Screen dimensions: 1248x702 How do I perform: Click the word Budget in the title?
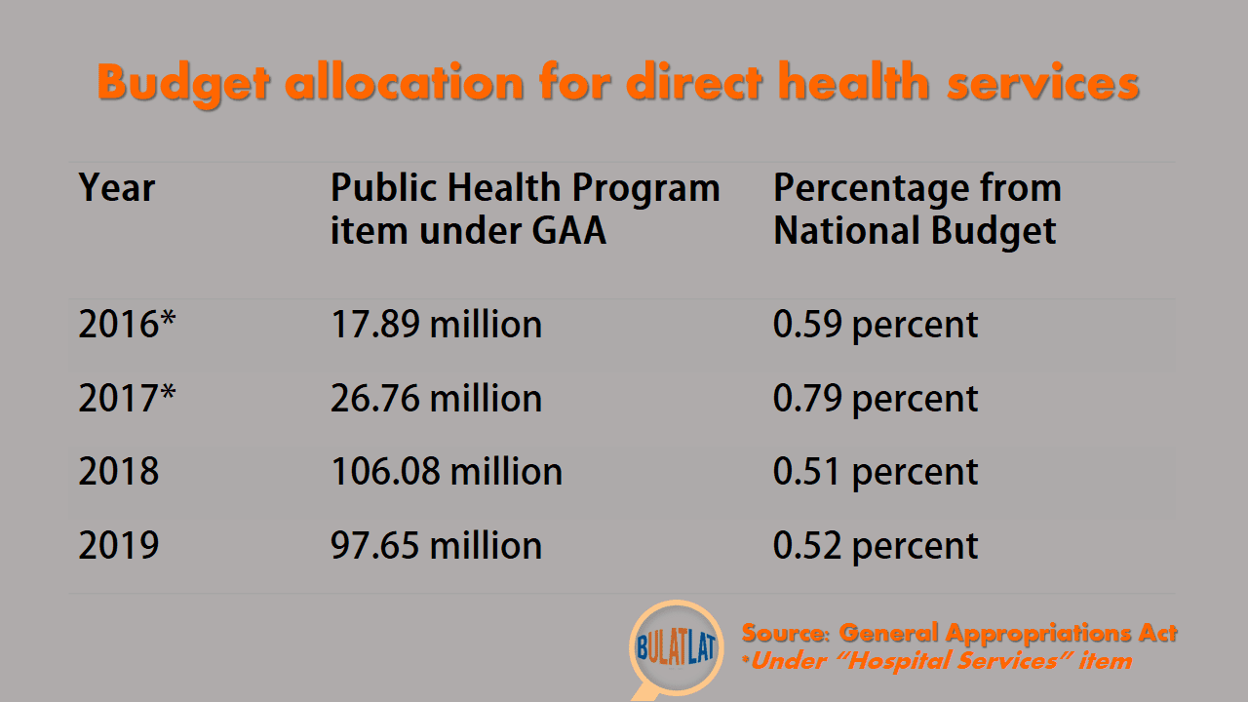coord(184,84)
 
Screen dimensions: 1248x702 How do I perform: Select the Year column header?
coord(116,188)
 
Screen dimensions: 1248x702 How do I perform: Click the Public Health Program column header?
coord(525,209)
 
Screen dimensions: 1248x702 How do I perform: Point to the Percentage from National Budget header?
coord(917,209)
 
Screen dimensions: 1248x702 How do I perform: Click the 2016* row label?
coord(127,324)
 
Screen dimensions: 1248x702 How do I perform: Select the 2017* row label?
coord(127,398)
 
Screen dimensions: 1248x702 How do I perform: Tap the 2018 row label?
coord(118,471)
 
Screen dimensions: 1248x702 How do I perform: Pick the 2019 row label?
coord(118,545)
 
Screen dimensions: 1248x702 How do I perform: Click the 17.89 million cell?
coord(436,324)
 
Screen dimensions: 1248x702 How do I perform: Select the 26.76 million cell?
coord(436,398)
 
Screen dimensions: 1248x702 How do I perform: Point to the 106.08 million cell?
coord(447,471)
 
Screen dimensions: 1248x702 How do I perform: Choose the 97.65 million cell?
coord(436,545)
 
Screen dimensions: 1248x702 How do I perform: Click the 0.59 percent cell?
coord(876,326)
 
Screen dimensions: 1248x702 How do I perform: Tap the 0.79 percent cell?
coord(876,400)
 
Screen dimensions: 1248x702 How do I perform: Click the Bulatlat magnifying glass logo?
coord(676,649)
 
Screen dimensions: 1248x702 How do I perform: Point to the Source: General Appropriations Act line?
coord(959,634)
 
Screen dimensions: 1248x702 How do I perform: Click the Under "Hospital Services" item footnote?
coord(937,661)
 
